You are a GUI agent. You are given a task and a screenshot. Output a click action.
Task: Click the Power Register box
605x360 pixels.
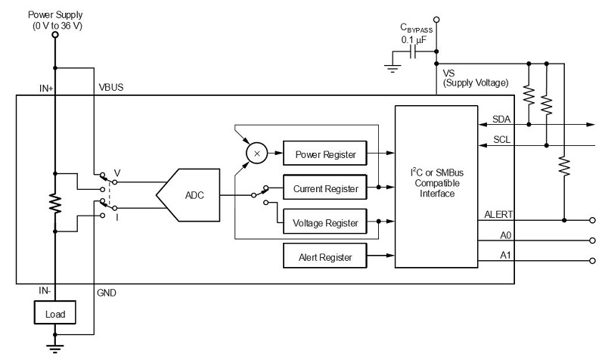click(325, 154)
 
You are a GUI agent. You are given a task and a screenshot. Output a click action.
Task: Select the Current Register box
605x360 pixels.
click(325, 187)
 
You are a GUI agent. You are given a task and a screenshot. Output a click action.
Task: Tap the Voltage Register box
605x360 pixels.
click(325, 222)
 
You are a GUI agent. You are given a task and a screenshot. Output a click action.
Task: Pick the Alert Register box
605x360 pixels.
click(325, 256)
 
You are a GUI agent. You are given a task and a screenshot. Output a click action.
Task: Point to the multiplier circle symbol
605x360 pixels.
click(256, 154)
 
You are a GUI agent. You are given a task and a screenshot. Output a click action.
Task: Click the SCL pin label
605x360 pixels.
click(501, 139)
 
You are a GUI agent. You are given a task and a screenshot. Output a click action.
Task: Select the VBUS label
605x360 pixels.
click(111, 88)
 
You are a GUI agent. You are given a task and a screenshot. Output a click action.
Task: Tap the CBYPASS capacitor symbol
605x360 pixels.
click(413, 53)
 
